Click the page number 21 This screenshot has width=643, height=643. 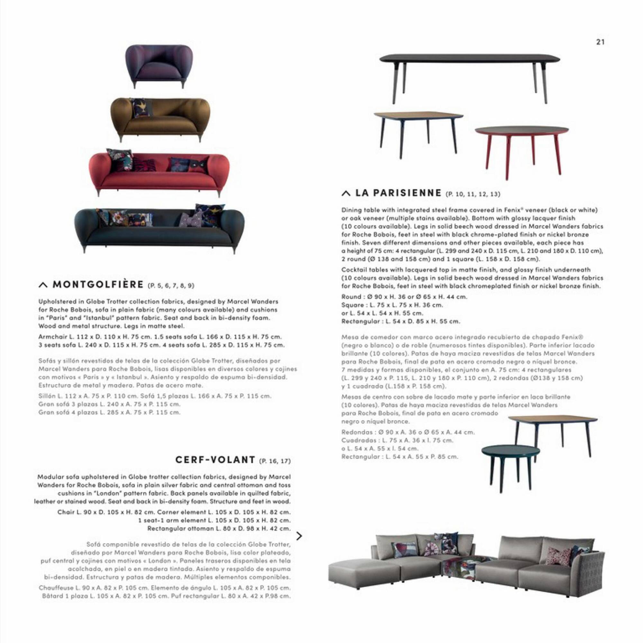coord(600,42)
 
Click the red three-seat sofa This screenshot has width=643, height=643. coord(159,173)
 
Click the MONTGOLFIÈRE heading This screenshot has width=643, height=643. coord(98,285)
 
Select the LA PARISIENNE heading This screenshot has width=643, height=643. coord(398,193)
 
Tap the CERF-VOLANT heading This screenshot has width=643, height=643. coord(215,460)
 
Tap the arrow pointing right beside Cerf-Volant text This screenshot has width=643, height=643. coord(299,536)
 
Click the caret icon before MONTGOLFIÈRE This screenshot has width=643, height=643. coord(43,285)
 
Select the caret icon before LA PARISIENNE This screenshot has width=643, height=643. coord(346,193)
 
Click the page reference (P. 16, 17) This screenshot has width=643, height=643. coord(275,461)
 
